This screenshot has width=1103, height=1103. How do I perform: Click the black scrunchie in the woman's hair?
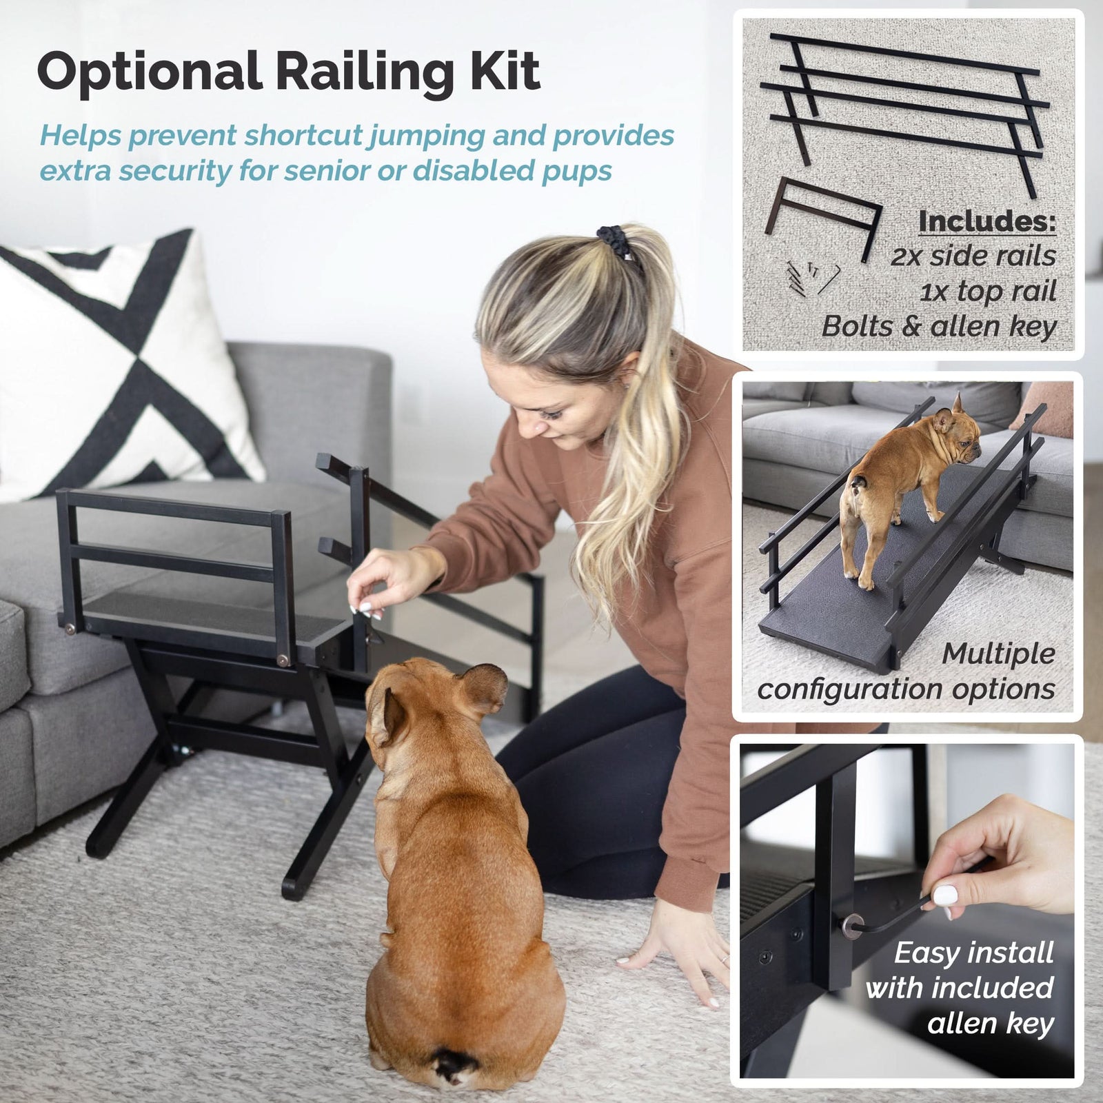click(616, 242)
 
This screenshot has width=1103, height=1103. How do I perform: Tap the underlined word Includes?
click(986, 221)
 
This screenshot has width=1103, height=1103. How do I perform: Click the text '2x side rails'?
click(973, 256)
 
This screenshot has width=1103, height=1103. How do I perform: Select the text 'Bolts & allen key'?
click(938, 326)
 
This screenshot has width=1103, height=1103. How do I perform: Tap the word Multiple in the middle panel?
click(998, 654)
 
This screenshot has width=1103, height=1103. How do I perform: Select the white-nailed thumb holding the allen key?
click(947, 895)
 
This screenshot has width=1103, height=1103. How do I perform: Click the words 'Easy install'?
click(973, 953)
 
